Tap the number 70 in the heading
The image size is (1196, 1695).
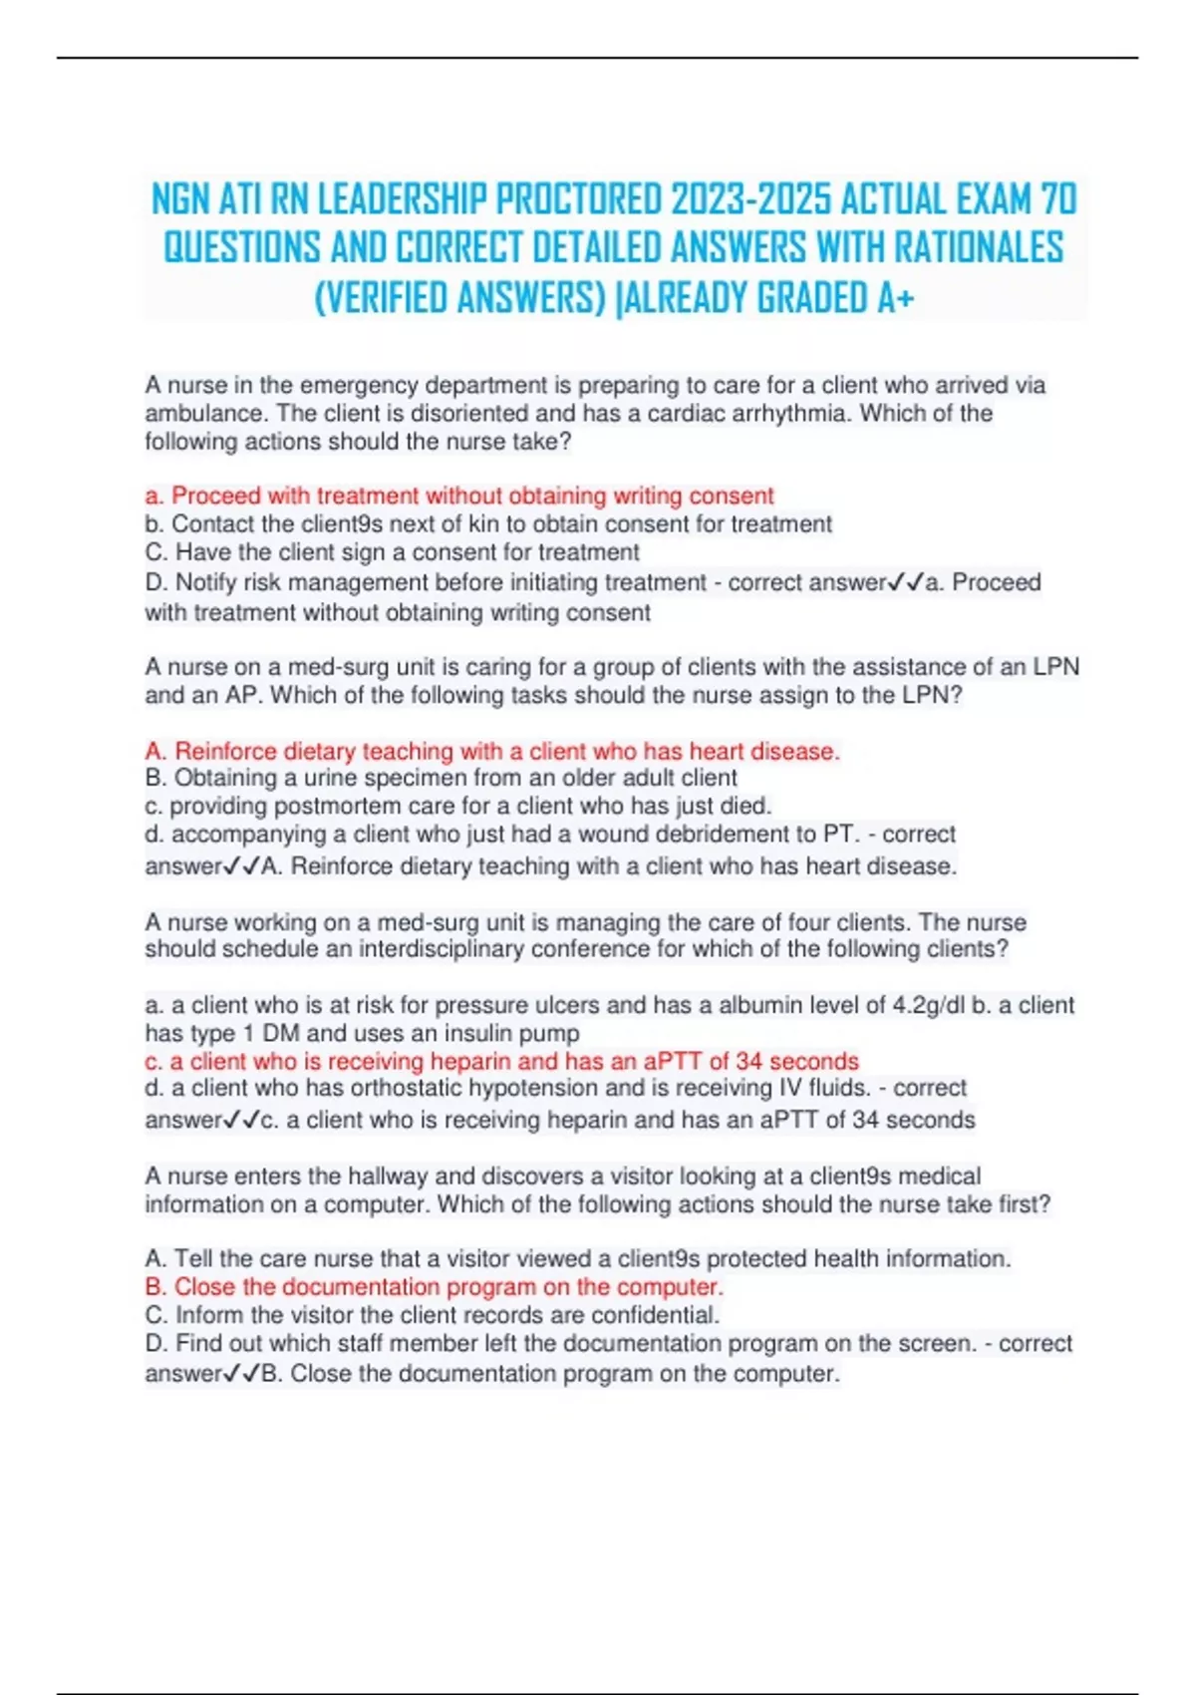tap(1057, 200)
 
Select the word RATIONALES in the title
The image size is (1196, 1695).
tap(978, 248)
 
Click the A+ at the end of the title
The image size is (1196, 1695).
tap(895, 297)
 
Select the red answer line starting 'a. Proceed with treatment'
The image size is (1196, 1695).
tap(458, 496)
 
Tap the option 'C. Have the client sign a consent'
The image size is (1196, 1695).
tap(392, 551)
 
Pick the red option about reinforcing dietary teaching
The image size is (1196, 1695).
tap(492, 750)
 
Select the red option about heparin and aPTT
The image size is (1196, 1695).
tap(501, 1061)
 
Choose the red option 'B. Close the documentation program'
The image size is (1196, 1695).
tap(434, 1287)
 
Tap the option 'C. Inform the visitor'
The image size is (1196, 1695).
tap(432, 1315)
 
